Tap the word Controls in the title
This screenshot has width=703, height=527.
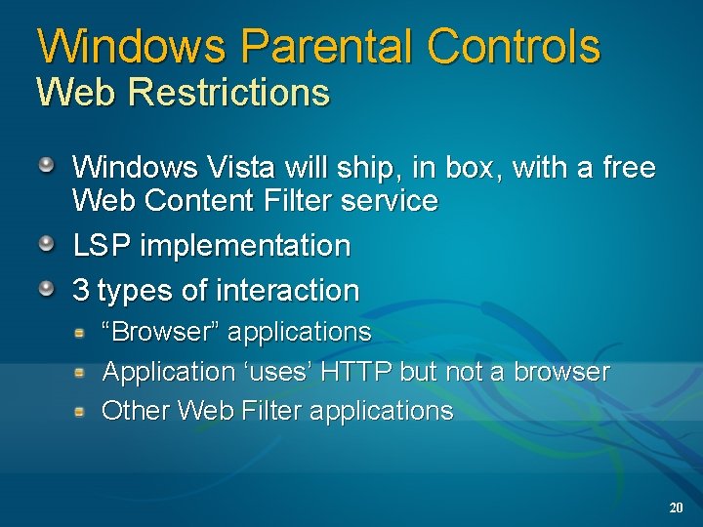pyautogui.click(x=514, y=46)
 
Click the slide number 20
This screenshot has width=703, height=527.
pyautogui.click(x=676, y=508)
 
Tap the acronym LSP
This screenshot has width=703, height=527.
pyautogui.click(x=103, y=245)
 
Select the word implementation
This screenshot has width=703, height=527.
pyautogui.click(x=245, y=245)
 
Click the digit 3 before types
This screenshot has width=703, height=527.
pyautogui.click(x=82, y=290)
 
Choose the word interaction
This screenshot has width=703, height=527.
pyautogui.click(x=290, y=290)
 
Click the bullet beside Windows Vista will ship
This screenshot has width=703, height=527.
pyautogui.click(x=47, y=166)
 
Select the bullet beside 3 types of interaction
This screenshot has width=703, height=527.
pyautogui.click(x=47, y=289)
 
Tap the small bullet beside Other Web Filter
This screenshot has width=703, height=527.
pyautogui.click(x=85, y=411)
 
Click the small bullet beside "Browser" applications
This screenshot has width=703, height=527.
pyautogui.click(x=85, y=333)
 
